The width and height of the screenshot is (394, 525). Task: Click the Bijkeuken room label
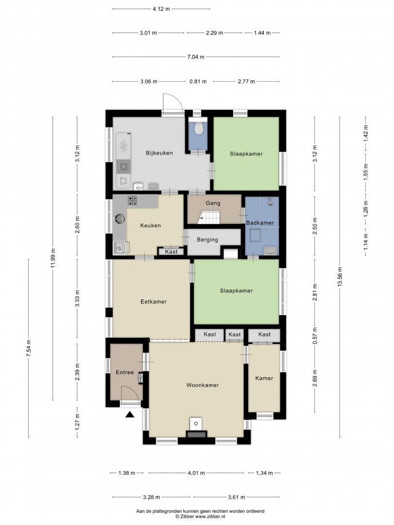pos(159,153)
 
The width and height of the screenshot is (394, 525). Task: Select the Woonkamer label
pos(202,385)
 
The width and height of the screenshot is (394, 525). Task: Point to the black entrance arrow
pos(130,415)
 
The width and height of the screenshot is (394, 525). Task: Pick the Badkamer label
pos(260,223)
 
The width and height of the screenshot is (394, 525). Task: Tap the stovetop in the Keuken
pos(133,200)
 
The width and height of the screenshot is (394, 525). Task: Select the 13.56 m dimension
pos(340,277)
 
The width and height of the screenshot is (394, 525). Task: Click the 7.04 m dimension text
pos(196,57)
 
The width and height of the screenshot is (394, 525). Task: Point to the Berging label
pos(207,240)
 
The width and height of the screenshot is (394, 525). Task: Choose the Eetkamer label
pos(153,301)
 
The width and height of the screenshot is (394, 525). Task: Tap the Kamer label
pos(264,378)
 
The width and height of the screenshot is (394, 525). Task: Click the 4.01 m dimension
pos(196,473)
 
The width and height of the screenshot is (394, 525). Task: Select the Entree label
pos(125,372)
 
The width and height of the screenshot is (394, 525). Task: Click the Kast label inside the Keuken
pos(171,251)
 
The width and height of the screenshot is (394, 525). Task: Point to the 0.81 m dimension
pos(198,81)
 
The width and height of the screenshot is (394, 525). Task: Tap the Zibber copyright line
pos(200,517)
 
